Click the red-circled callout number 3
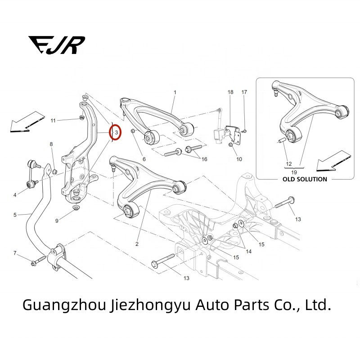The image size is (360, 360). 117,132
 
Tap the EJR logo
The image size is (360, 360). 57,45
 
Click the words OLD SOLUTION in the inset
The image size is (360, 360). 305,179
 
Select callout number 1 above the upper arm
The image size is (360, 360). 175,92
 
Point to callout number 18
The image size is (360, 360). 230,92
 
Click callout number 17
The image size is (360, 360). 244,92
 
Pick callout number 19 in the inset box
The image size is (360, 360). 294,172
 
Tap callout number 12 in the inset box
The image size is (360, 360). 289,164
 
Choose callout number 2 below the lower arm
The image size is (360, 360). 137,244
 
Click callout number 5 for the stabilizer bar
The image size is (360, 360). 15,215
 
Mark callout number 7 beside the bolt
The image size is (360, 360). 15,253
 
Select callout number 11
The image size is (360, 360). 53,121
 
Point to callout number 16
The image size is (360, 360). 204,159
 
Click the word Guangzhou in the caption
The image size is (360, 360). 64,305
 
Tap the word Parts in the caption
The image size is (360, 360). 252,305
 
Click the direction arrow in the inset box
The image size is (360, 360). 333,161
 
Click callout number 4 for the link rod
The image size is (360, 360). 15,195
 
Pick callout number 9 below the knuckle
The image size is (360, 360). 57,221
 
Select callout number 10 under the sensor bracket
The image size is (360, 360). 239,159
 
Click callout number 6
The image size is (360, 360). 144,159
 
